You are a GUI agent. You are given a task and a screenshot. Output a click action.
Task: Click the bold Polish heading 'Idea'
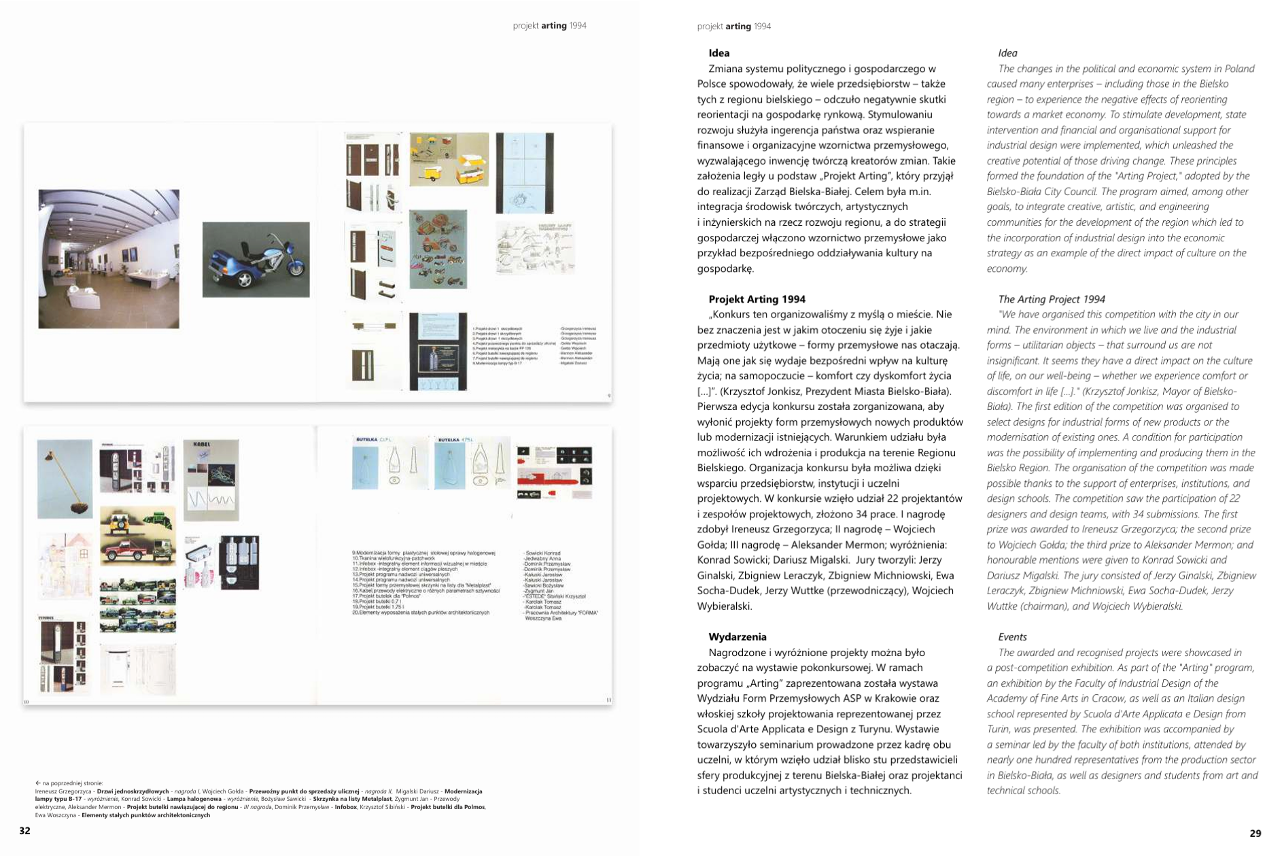click(x=718, y=53)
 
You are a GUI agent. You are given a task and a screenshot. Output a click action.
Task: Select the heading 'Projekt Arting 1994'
click(x=757, y=299)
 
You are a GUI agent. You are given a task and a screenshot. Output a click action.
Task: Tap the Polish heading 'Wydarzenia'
click(x=737, y=637)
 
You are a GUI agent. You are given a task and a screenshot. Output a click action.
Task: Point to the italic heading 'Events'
click(x=1012, y=637)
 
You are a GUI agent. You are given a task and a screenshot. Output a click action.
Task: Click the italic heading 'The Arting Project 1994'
click(x=1051, y=299)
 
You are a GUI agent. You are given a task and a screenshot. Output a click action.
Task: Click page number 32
click(x=24, y=832)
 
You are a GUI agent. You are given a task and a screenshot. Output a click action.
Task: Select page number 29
click(x=1255, y=833)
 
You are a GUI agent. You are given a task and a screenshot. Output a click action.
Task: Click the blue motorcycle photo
click(x=256, y=259)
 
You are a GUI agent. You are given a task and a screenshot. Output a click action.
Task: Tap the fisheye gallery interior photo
click(x=109, y=258)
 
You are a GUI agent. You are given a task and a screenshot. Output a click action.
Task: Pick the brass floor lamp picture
click(x=65, y=479)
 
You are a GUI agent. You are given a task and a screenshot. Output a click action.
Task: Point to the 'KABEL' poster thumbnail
click(x=211, y=479)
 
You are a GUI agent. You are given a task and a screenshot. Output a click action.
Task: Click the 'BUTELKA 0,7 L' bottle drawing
click(x=389, y=462)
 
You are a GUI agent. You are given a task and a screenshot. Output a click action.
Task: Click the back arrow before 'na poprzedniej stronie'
click(x=38, y=783)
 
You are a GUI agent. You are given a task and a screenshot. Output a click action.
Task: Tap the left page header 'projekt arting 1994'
click(x=549, y=26)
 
